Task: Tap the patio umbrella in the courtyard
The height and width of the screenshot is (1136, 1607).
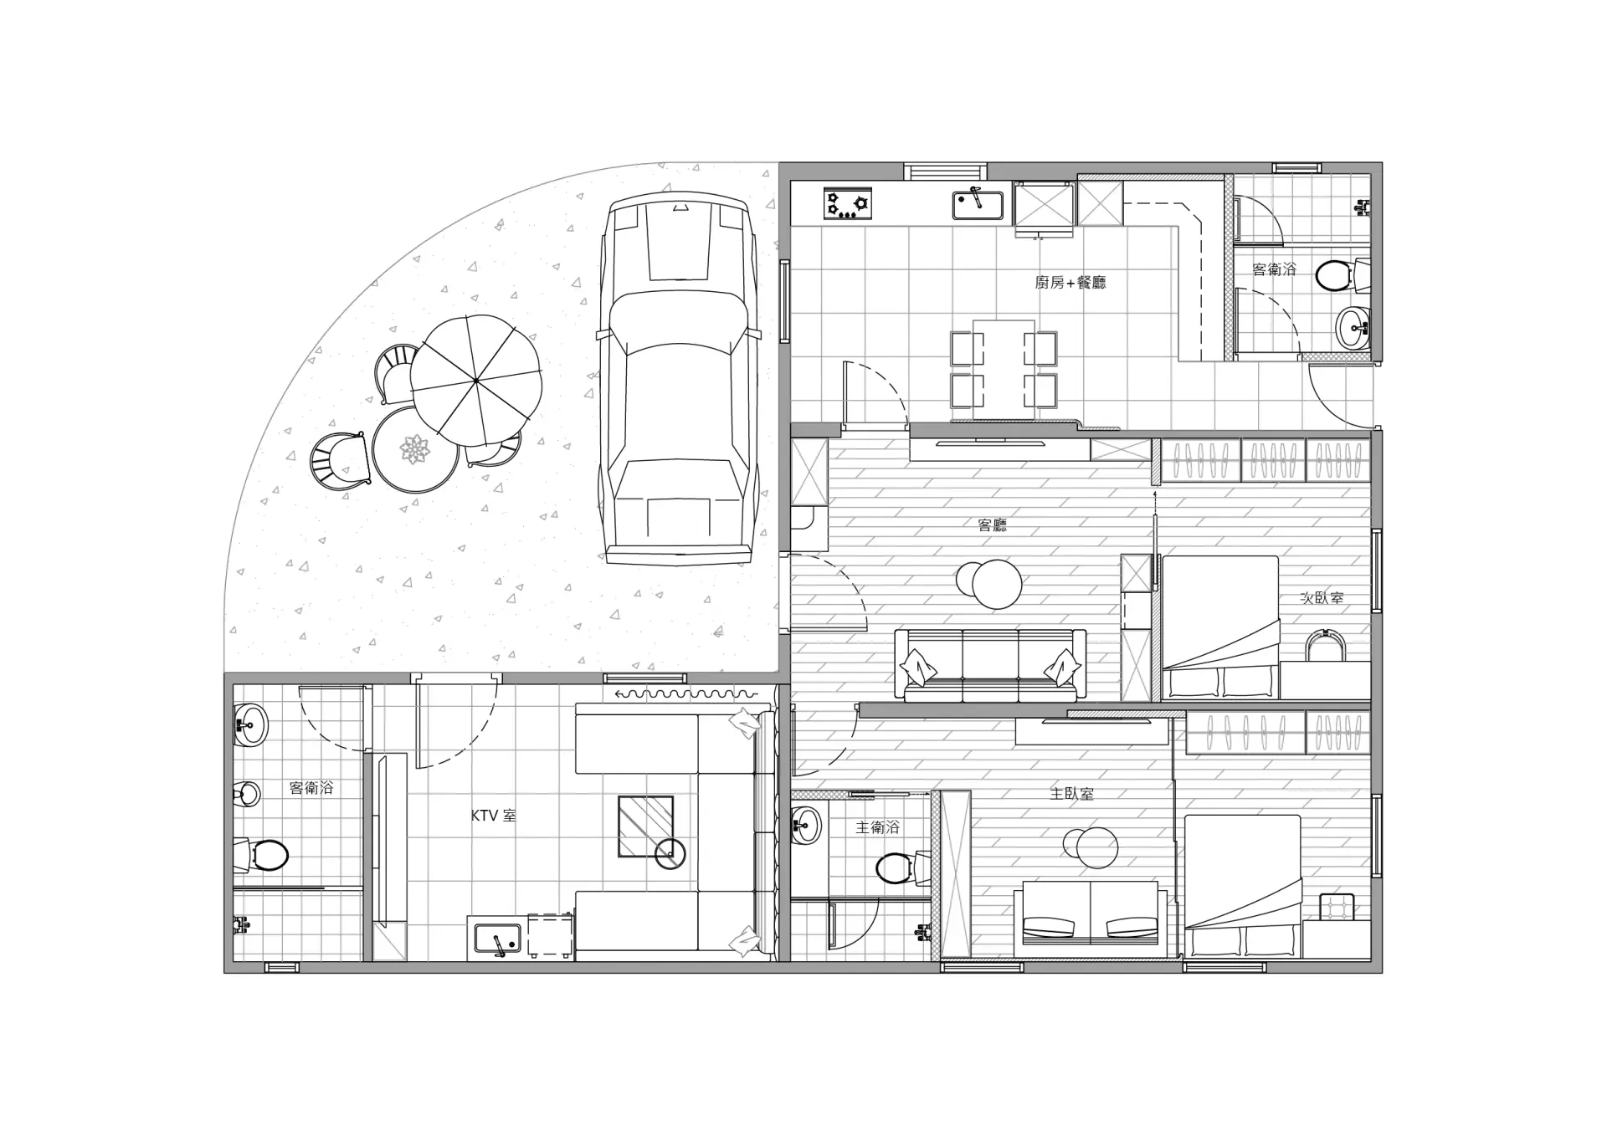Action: pos(475,381)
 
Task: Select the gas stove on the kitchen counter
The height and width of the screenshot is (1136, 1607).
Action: pos(848,203)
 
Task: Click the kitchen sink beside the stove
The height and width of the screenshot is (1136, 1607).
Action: pos(978,203)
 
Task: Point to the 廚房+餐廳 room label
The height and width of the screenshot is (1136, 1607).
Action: pos(1070,283)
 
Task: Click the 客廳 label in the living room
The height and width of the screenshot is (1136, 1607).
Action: pos(993,525)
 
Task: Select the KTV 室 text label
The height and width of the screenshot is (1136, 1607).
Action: pos(494,815)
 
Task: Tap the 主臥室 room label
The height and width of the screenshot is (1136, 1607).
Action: pos(1071,793)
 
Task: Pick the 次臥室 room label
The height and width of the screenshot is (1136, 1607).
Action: pos(1322,598)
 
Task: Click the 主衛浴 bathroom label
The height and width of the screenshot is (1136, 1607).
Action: pos(877,827)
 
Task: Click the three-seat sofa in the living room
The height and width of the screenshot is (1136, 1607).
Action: pos(990,665)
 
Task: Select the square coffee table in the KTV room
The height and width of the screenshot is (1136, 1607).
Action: pos(645,826)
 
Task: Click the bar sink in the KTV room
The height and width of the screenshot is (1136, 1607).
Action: pos(497,938)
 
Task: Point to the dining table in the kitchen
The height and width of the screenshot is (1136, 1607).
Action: pos(1004,368)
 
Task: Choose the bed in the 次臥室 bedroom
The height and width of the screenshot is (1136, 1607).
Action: pos(1220,627)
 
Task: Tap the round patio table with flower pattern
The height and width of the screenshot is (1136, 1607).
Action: pos(415,451)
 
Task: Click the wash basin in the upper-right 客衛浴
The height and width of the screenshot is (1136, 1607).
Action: pos(1353,327)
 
